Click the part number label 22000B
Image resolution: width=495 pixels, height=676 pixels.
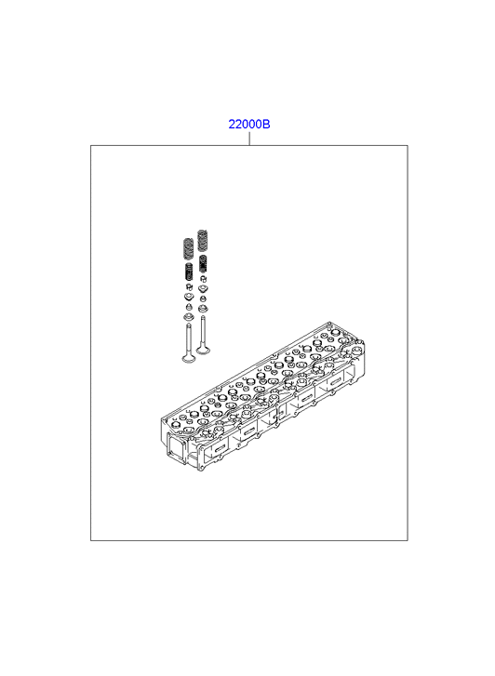(249, 125)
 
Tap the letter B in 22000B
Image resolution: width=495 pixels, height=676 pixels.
(266, 125)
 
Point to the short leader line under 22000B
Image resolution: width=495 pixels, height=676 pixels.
(249, 139)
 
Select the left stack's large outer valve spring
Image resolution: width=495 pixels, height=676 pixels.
(188, 249)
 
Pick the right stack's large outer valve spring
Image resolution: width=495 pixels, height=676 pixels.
(202, 241)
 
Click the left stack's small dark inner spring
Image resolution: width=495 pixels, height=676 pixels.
(189, 272)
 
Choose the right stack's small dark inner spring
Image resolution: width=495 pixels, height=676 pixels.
(203, 264)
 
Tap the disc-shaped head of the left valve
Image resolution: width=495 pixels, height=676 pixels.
(188, 358)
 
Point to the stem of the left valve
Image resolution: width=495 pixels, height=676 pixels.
(188, 338)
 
